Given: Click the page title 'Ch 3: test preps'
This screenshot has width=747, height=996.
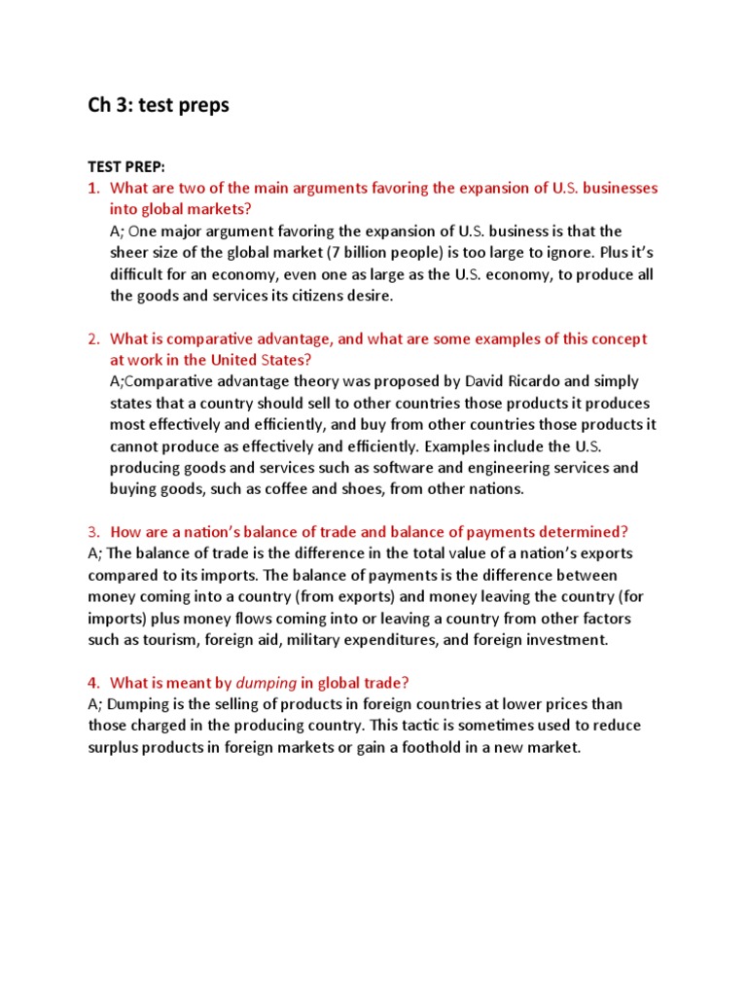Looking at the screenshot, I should [x=159, y=105].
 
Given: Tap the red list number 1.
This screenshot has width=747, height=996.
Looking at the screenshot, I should [x=93, y=188].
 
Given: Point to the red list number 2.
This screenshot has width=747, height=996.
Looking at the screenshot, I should [x=93, y=338].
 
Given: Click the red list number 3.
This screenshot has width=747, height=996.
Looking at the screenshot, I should [x=93, y=532].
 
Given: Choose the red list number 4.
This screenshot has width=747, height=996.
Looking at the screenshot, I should [x=93, y=682].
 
